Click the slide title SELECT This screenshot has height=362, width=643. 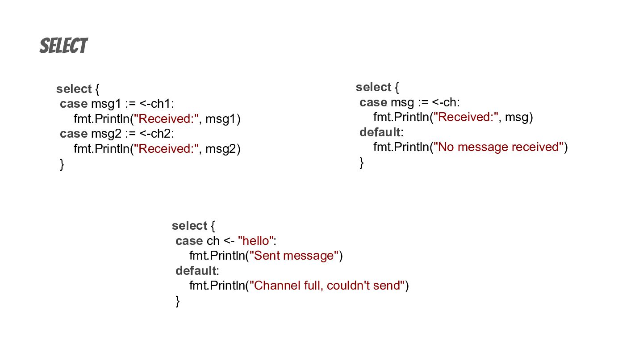coord(63,46)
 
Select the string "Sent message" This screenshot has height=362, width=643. coord(294,256)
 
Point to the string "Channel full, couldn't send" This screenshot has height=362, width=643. coord(327,285)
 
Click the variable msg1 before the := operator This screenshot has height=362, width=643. coord(106,104)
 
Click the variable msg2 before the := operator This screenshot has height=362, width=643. coord(106,134)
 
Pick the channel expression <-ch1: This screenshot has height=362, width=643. coord(157,104)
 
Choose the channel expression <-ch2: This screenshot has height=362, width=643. coord(157,134)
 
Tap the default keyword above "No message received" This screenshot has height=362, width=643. coord(380,132)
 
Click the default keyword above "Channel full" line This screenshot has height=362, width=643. coord(196,271)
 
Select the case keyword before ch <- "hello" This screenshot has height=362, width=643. coord(189,241)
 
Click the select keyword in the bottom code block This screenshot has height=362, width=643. coord(189,226)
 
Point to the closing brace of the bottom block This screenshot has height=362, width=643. coord(178,301)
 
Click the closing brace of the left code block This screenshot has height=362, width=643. coord(62,164)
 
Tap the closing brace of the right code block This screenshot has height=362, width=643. coord(362,163)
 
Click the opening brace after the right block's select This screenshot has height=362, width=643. coord(397,87)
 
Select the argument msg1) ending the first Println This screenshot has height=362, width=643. coord(223,119)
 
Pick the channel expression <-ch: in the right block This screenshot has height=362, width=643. coord(446,102)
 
